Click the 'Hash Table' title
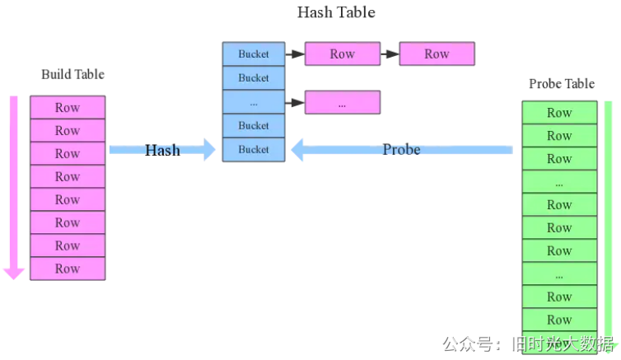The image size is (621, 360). tap(336, 12)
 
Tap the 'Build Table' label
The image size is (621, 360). tap(72, 75)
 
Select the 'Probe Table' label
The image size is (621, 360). tap(561, 84)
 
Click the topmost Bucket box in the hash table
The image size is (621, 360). tap(254, 54)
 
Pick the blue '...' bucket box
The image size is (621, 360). tap(254, 102)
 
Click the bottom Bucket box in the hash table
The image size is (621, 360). tap(254, 149)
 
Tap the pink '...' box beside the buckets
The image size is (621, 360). tap(342, 103)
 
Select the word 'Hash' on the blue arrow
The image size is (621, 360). tap(162, 150)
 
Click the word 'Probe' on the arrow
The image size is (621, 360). tap(401, 149)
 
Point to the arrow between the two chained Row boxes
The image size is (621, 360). tap(389, 54)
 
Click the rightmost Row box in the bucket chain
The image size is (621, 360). tap(437, 54)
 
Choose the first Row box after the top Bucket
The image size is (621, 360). tap(342, 54)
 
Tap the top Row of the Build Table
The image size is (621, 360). tap(68, 107)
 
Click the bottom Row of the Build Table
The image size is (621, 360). tap(68, 269)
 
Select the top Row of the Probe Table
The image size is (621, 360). tap(559, 113)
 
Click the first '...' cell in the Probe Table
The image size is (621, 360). tap(559, 182)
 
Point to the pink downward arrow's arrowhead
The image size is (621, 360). tap(13, 271)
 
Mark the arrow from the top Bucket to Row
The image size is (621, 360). tap(295, 54)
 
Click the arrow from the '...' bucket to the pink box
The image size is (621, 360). tap(295, 103)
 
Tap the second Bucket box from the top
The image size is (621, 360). tap(254, 78)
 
